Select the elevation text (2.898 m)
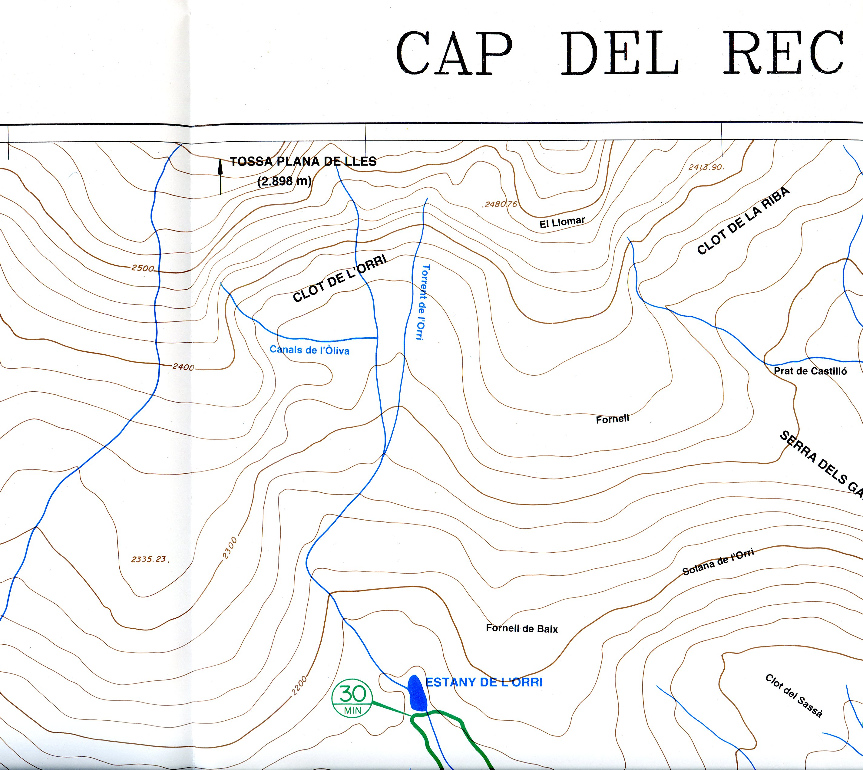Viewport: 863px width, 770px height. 284,181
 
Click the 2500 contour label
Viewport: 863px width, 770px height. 143,268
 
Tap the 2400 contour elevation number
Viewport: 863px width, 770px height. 183,367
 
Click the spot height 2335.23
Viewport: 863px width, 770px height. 149,559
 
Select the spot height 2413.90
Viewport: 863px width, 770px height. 705,167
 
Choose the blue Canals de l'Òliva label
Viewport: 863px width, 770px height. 309,350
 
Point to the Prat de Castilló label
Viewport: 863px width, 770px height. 810,371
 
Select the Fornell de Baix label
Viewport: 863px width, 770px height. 521,628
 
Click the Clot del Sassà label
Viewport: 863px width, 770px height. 794,696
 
